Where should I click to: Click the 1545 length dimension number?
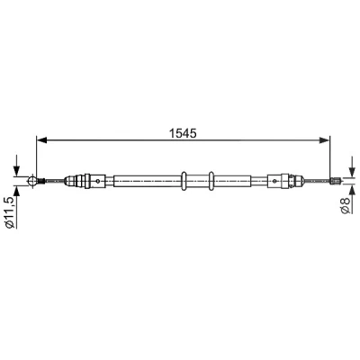coord(183,133)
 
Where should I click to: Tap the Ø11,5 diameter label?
coord(10,213)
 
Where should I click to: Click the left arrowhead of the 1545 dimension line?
coord(41,140)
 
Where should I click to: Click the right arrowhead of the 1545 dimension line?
coord(324,140)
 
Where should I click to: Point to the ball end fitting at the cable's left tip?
coord(32,181)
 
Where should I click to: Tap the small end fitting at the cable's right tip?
coord(334,181)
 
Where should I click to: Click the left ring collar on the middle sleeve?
coord(184,181)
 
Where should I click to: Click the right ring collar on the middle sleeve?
coord(211,181)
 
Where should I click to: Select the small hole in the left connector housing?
coord(97,181)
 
